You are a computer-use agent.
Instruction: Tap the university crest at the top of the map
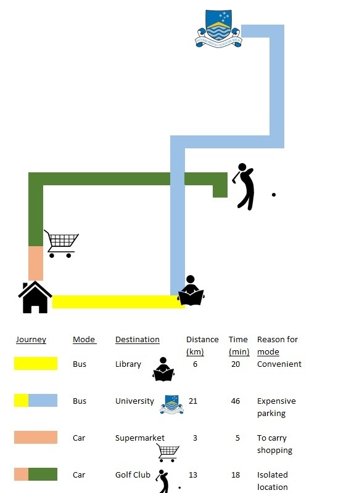click(218, 28)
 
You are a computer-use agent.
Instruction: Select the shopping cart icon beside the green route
click(62, 243)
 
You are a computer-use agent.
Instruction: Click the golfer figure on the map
click(243, 186)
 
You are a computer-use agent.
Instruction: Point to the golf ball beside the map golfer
click(273, 194)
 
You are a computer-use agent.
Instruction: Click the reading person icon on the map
click(191, 291)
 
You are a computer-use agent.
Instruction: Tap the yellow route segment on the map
click(118, 302)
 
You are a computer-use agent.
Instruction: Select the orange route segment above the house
click(36, 263)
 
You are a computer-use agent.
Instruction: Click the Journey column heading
click(31, 340)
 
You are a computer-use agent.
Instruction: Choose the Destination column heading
click(138, 340)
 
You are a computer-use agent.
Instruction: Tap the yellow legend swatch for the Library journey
click(36, 363)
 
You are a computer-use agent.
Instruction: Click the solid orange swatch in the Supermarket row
click(36, 437)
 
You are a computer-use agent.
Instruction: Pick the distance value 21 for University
click(193, 401)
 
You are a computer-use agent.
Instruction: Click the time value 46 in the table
click(236, 401)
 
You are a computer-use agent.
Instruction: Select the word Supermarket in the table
click(140, 438)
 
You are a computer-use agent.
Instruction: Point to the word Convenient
click(279, 364)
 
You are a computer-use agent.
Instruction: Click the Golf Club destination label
click(133, 475)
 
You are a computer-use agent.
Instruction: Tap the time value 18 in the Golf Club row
click(236, 475)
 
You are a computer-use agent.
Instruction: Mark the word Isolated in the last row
click(272, 475)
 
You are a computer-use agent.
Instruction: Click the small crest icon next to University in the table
click(171, 404)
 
